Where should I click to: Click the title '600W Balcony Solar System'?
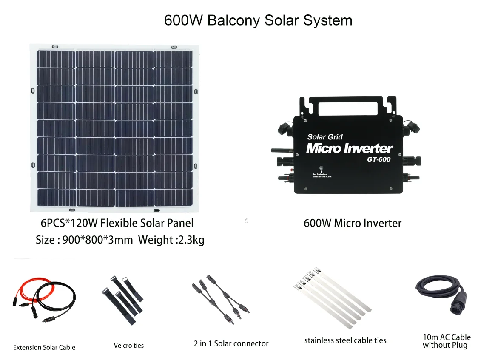coord(258,20)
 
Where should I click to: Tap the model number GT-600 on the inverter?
coord(378,160)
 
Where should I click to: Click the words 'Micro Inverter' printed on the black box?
coord(349,148)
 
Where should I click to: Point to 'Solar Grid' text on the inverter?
coord(325,137)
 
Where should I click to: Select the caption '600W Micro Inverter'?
coord(352,223)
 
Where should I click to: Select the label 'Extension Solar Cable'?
coord(44,347)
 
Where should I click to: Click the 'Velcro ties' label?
coord(128,346)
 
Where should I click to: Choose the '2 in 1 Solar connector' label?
coord(231,343)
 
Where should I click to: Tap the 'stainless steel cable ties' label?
coord(345,340)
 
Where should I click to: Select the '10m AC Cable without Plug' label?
coord(446,341)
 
